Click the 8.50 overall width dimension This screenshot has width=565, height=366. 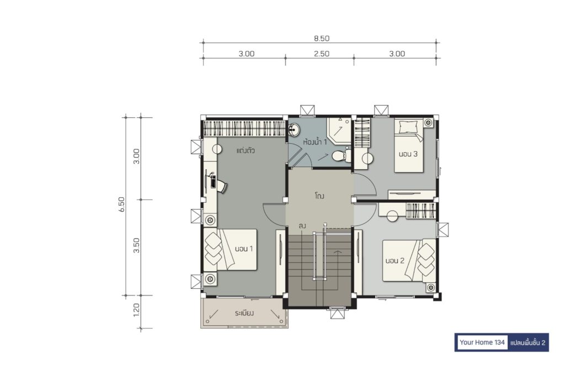click(x=322, y=38)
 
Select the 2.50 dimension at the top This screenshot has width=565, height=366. click(x=322, y=53)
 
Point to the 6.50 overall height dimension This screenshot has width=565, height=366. click(x=122, y=204)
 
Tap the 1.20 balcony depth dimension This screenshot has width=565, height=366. click(x=136, y=310)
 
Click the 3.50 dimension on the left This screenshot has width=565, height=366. click(x=136, y=245)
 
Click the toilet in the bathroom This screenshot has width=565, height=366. click(x=340, y=155)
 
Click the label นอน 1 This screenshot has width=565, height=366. click(x=244, y=249)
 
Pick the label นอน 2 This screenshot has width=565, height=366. click(x=395, y=261)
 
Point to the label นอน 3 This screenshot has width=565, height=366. click(x=408, y=154)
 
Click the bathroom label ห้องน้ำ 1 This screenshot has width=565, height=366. click(x=315, y=142)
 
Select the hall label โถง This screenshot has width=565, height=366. click(x=319, y=196)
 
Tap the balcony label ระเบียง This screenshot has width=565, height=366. click(x=244, y=314)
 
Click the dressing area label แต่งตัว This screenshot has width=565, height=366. click(x=246, y=150)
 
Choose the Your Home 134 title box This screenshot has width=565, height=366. click(x=482, y=342)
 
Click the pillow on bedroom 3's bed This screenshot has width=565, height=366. click(x=407, y=127)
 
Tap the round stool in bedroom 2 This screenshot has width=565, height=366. click(x=392, y=216)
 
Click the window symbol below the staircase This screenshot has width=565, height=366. click(x=338, y=313)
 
